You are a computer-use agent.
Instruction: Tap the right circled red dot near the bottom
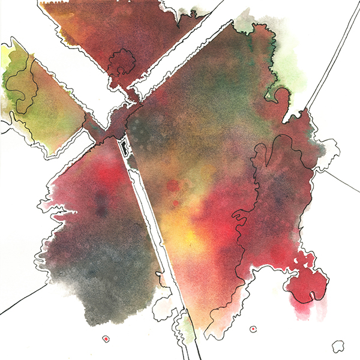254,329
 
